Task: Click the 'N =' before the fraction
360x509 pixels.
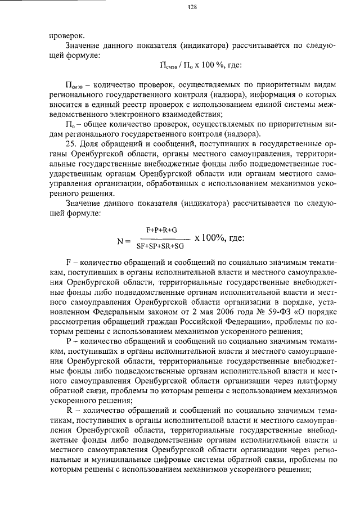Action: (x=123, y=240)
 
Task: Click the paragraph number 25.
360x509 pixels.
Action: (x=71, y=143)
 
